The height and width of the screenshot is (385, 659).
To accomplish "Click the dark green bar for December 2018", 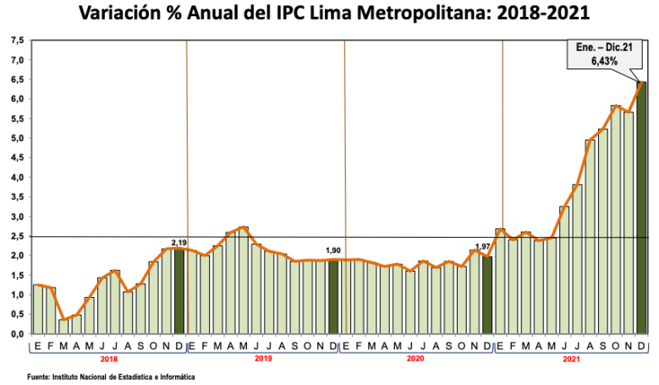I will click(x=179, y=291).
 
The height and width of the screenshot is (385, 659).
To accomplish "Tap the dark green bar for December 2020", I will click(x=487, y=295).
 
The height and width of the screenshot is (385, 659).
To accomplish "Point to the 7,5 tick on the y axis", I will click(x=16, y=41).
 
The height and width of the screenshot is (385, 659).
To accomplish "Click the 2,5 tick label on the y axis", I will click(x=16, y=236).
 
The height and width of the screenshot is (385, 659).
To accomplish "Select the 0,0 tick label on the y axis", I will click(x=16, y=333).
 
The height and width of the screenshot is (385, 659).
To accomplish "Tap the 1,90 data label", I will click(x=333, y=251).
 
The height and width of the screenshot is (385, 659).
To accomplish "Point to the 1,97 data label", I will click(x=483, y=247).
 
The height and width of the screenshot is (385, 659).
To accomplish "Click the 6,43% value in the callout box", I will click(x=598, y=62).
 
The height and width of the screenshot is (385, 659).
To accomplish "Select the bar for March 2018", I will click(x=63, y=327).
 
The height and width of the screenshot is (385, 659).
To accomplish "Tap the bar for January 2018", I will click(x=37, y=310).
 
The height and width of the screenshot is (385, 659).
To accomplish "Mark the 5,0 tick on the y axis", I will click(x=16, y=139).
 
